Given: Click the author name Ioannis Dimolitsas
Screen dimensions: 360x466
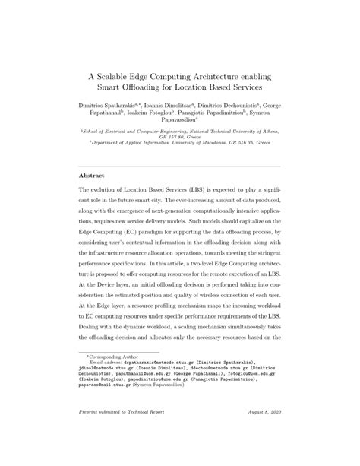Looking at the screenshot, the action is (x=188, y=110).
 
